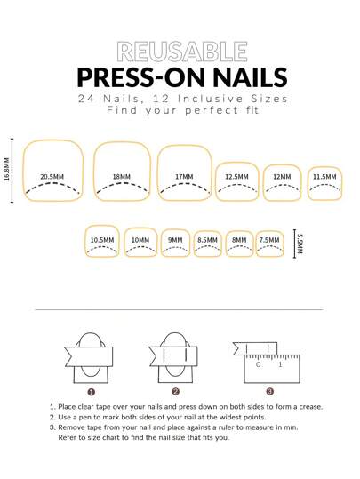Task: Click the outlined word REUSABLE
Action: [182, 52]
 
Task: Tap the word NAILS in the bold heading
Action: [250, 77]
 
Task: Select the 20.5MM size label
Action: [52, 177]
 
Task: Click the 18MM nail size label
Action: [121, 177]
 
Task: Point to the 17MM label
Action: [184, 177]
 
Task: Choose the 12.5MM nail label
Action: [236, 177]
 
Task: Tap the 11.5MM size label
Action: [324, 177]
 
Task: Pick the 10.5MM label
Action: [102, 240]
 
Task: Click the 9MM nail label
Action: [175, 240]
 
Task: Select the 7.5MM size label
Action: [269, 240]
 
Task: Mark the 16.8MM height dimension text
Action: [7, 170]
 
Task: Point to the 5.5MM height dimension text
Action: [300, 244]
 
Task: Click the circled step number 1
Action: [91, 392]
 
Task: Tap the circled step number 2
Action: [175, 392]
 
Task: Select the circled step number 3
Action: [270, 392]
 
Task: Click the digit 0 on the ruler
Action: [259, 364]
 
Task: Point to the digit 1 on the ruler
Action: [280, 364]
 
